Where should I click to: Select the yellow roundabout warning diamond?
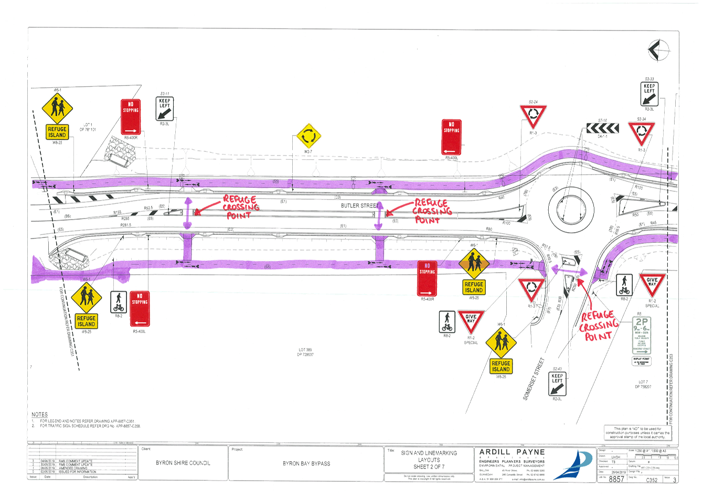coord(308,136)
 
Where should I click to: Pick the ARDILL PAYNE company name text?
coord(512,452)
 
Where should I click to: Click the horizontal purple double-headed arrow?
coord(569,272)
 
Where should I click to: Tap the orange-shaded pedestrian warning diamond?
coord(474,263)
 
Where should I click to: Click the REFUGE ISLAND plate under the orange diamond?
coord(474,287)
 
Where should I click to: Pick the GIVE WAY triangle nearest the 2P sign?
coord(652,284)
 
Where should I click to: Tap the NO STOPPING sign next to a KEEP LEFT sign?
coord(131,117)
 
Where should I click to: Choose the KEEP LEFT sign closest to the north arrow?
coord(649,95)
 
